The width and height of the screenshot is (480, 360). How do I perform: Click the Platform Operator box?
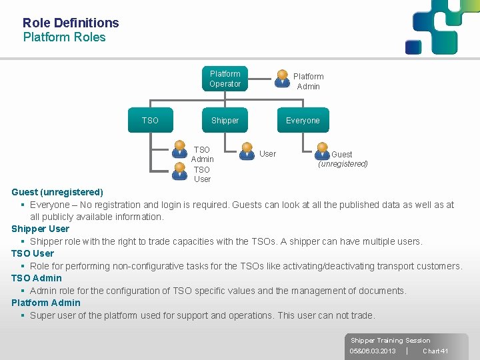click(225, 79)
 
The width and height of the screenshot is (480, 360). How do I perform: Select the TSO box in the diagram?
click(150, 121)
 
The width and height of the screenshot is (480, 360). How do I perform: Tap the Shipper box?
click(225, 121)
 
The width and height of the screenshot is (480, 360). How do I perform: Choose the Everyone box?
click(303, 121)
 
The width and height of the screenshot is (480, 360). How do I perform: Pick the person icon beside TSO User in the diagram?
click(179, 171)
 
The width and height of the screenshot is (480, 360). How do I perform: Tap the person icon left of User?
click(247, 152)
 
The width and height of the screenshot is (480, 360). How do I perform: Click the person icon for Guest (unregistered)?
click(323, 152)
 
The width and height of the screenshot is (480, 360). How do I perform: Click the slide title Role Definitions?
click(71, 23)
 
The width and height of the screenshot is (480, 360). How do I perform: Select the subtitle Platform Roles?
click(64, 37)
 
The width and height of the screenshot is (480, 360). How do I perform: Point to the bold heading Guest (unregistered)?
click(57, 192)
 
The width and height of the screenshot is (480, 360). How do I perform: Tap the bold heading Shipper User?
click(40, 229)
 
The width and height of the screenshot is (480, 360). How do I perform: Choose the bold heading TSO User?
click(33, 253)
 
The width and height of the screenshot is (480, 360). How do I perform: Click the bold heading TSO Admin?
click(37, 278)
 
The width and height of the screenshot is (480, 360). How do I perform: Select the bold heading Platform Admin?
click(46, 303)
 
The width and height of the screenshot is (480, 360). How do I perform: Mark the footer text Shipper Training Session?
click(391, 341)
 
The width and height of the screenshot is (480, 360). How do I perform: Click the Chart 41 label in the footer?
click(435, 351)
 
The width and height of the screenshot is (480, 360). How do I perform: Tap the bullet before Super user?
click(23, 315)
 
